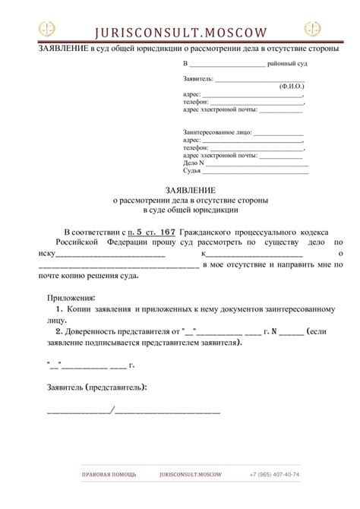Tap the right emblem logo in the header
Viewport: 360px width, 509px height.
point(312,29)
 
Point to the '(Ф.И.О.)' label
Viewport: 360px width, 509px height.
point(292,87)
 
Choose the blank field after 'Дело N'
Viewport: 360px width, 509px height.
point(258,163)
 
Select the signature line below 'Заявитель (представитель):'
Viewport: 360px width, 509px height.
point(134,411)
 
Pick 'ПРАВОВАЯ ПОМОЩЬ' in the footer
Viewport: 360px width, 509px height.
point(109,474)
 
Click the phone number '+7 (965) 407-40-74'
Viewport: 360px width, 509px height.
point(274,474)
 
